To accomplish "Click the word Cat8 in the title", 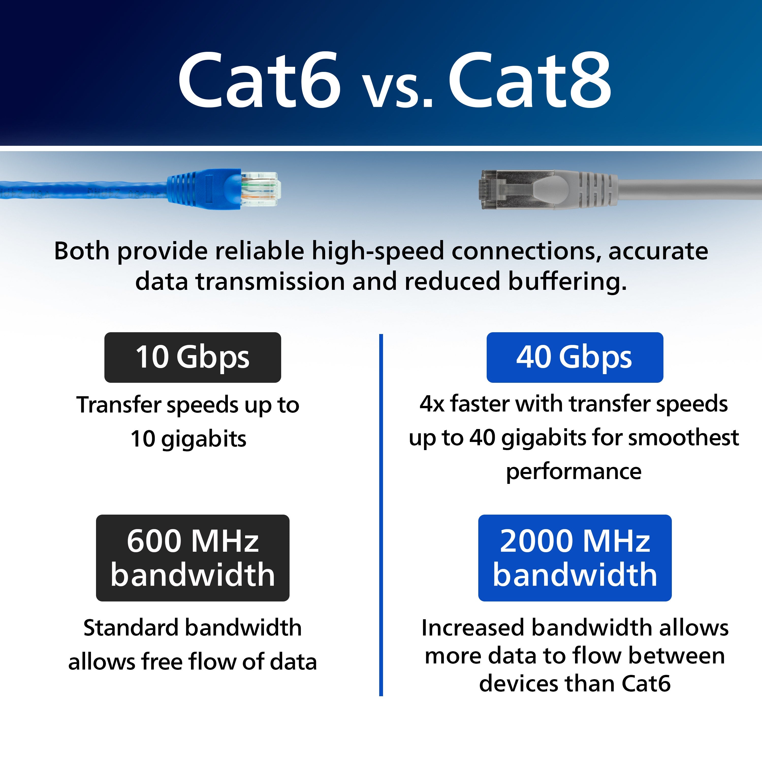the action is [x=530, y=80].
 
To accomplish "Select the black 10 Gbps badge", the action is [x=193, y=357].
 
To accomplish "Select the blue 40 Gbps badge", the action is [x=575, y=357].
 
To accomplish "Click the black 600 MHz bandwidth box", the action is [x=193, y=558].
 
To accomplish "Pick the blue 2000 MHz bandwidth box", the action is [x=575, y=558].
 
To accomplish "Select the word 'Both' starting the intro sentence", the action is [x=82, y=251].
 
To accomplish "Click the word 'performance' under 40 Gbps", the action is [x=574, y=472].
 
